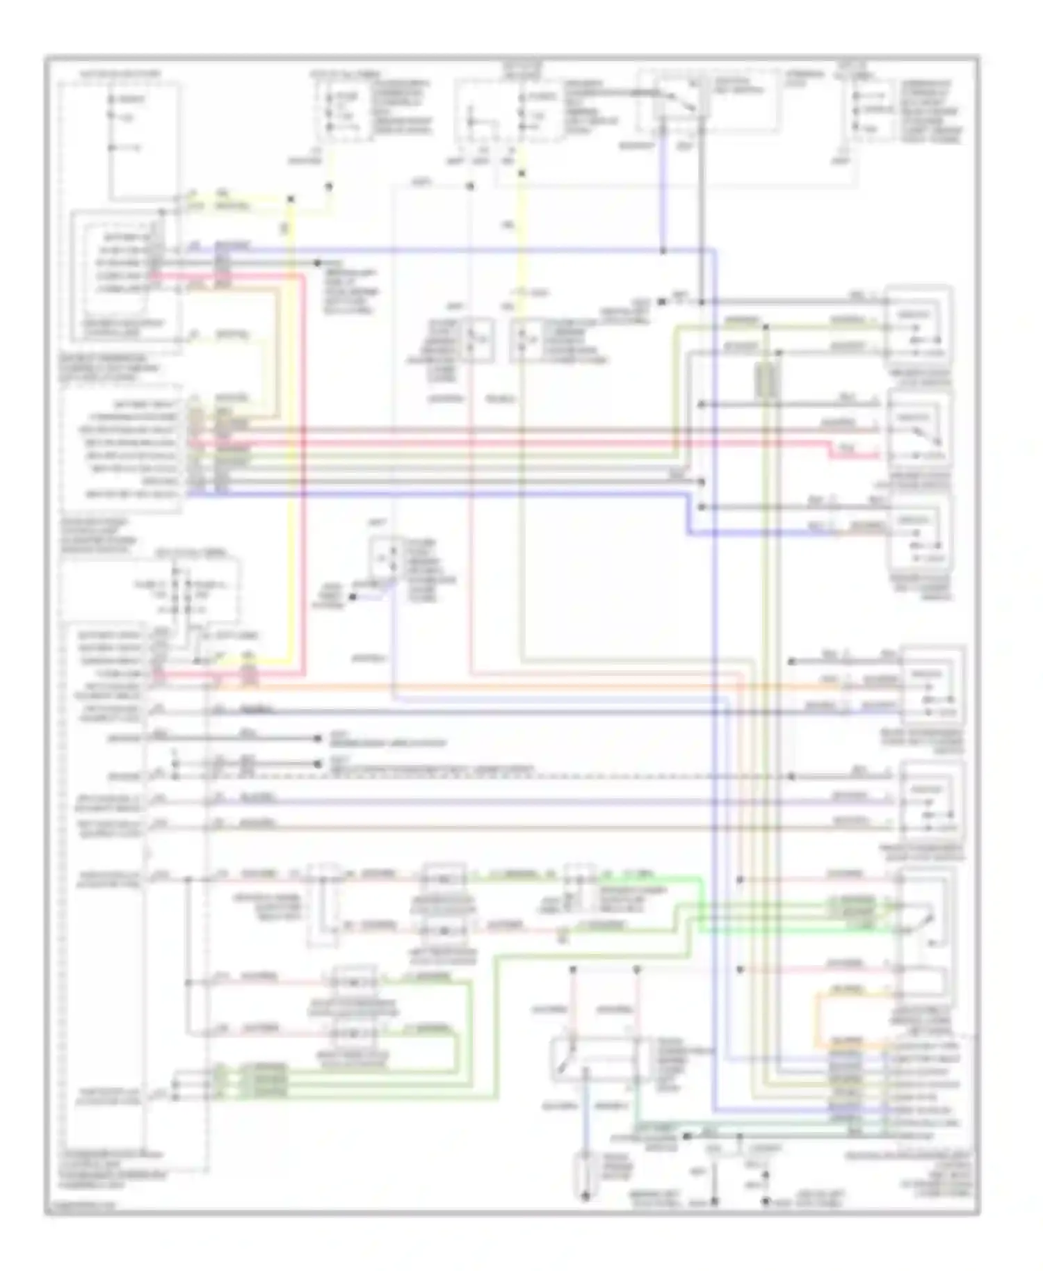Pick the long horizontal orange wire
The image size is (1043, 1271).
pyautogui.click(x=487, y=687)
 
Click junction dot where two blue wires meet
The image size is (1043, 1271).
pyautogui.click(x=663, y=250)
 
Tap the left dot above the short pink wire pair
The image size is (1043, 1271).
pyautogui.click(x=573, y=969)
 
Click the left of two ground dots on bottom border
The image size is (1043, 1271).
pyautogui.click(x=715, y=1201)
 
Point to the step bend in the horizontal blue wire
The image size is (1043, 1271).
pyautogui.click(x=688, y=515)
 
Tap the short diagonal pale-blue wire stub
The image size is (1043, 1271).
pyautogui.click(x=386, y=590)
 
